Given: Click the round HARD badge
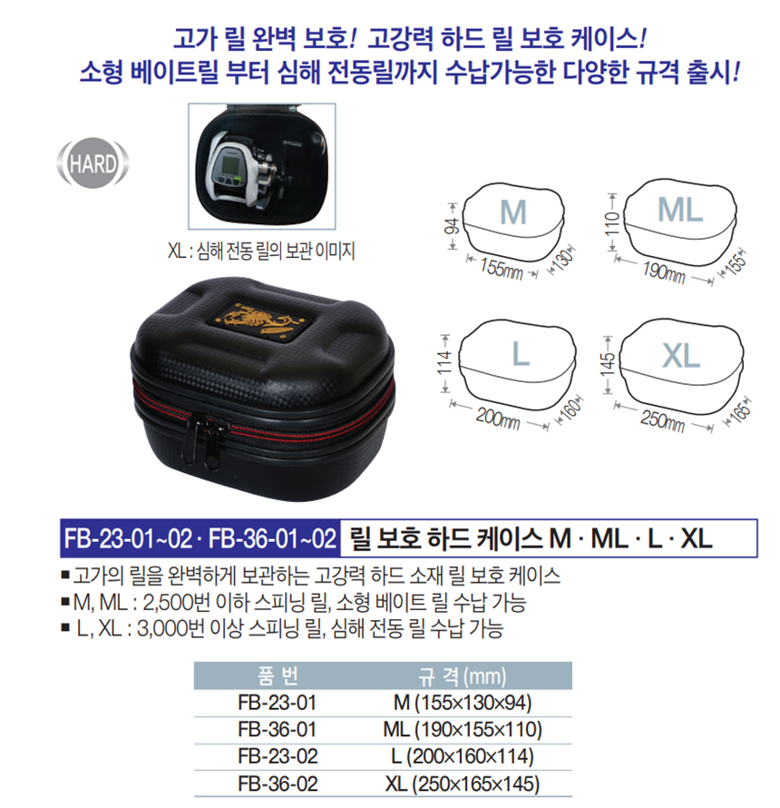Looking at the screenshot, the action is (x=93, y=163).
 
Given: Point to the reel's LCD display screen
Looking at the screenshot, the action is (x=226, y=165).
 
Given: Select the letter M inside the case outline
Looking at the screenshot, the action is (x=513, y=212).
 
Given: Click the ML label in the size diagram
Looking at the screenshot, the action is (x=680, y=210).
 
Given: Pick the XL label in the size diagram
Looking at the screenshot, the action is (x=681, y=356).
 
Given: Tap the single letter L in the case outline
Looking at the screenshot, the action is (x=521, y=354).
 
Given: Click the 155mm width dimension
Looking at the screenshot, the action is (x=501, y=268).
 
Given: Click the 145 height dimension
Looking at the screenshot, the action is (x=608, y=364).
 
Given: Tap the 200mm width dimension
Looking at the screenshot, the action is (x=497, y=418).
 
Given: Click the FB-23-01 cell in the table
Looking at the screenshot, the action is (x=277, y=703).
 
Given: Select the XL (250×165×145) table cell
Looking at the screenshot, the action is (x=463, y=783).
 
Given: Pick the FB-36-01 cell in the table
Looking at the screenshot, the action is (x=277, y=730).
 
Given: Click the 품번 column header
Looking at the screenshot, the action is (x=278, y=675).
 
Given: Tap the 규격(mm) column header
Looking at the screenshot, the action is (x=462, y=676).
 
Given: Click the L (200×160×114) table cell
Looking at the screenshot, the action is (x=463, y=756).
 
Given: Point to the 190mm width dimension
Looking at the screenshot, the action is (x=664, y=271).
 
